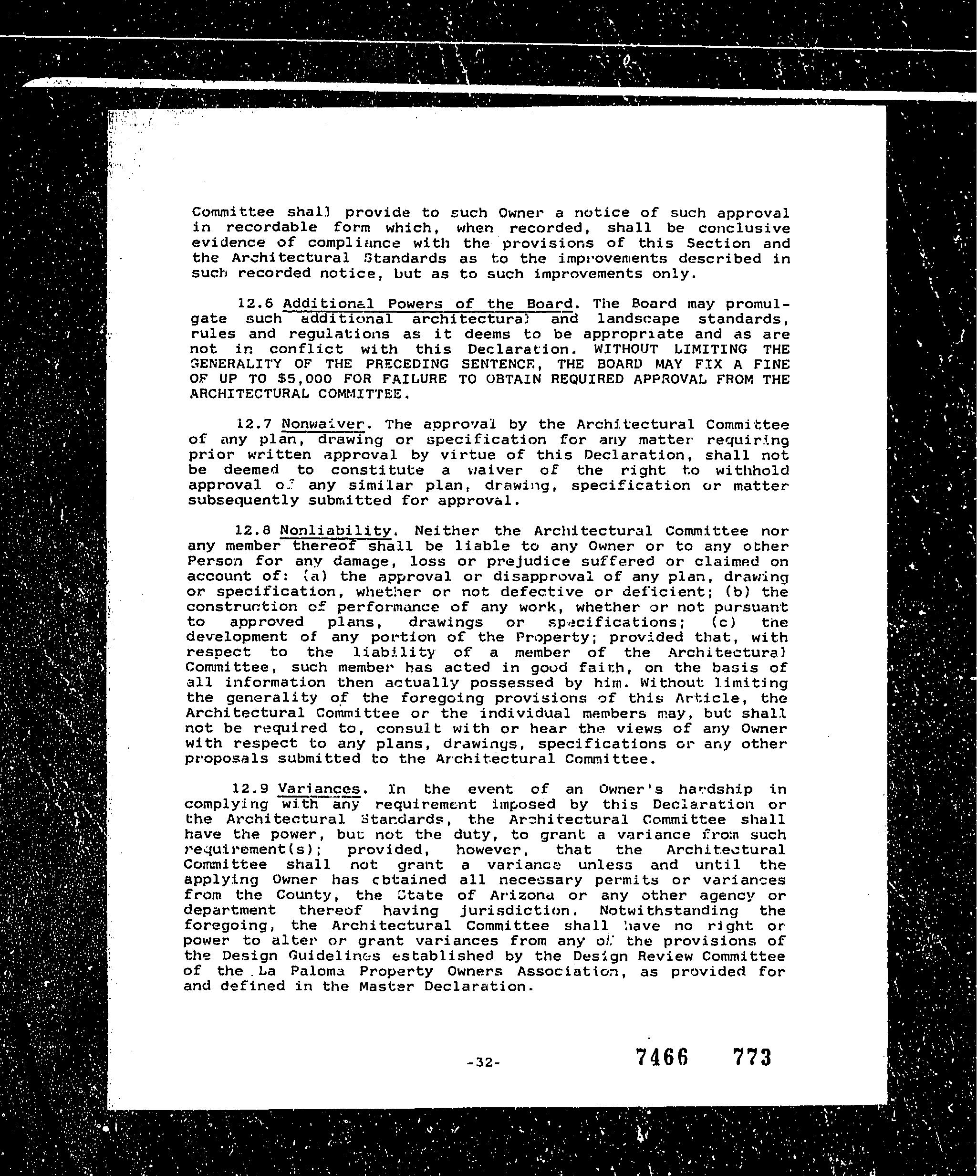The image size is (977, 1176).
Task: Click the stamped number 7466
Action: pos(662,1057)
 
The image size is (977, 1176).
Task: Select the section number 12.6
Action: pos(255,304)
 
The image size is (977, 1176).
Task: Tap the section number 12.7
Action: pos(255,424)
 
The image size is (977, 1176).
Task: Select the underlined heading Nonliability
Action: pos(335,530)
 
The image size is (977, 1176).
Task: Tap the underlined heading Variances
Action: pos(319,789)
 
